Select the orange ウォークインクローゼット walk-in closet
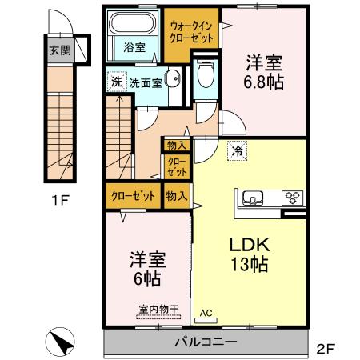(190, 32)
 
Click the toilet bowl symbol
(205, 76)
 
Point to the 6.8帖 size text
(265, 81)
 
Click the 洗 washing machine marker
(115, 82)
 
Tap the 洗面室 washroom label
(147, 82)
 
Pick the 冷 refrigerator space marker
(237, 150)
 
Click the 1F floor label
(57, 200)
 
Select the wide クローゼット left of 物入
(133, 194)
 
